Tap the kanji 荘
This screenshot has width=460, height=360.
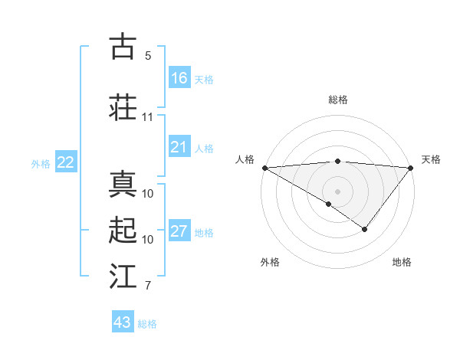click(x=123, y=107)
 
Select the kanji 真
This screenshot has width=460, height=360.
click(x=123, y=185)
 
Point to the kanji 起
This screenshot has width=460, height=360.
click(x=123, y=231)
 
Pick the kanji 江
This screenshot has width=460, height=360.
click(x=123, y=277)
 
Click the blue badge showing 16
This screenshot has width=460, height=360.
click(x=179, y=78)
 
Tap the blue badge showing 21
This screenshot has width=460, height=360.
click(x=179, y=147)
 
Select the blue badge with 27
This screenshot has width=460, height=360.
click(x=179, y=231)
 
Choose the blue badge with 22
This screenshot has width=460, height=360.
click(x=66, y=162)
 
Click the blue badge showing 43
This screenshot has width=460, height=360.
click(x=123, y=322)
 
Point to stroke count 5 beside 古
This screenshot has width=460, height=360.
click(x=148, y=56)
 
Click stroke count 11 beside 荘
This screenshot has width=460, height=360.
click(x=148, y=117)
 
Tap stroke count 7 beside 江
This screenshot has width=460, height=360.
click(x=148, y=286)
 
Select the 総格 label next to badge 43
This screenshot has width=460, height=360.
click(x=148, y=324)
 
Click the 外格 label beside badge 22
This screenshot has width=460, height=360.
click(x=41, y=163)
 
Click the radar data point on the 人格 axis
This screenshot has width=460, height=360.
click(x=264, y=168)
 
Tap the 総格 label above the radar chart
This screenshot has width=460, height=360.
click(x=337, y=100)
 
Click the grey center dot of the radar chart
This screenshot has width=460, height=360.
click(x=337, y=190)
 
